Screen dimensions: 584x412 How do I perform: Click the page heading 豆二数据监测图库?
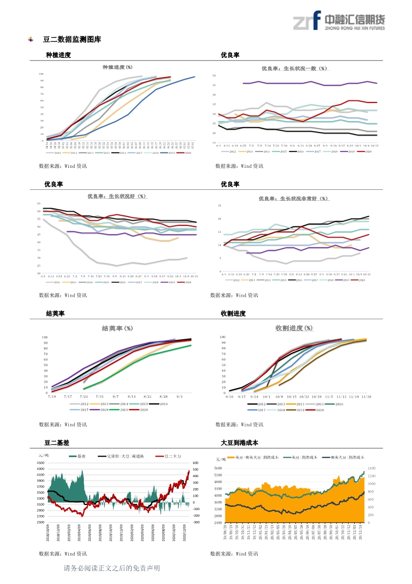pos(72,39)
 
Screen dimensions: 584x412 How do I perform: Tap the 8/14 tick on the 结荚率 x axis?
pos(132,396)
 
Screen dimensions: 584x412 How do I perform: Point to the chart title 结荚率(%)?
pos(117,328)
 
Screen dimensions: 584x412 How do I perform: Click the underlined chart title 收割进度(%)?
pos(294,328)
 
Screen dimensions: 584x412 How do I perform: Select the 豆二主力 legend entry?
pos(170,457)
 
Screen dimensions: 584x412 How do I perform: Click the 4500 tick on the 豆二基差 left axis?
pos(41,463)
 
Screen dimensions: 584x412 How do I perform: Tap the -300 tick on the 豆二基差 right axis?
pos(196,522)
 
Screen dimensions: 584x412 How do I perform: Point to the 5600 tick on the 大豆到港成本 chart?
pos(218,468)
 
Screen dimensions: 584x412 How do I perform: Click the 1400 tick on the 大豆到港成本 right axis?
pos(372,468)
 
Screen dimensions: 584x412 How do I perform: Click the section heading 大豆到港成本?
pos(239,443)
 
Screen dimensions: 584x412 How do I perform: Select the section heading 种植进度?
pos(58,55)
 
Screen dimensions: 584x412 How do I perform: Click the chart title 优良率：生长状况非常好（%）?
pos(294,198)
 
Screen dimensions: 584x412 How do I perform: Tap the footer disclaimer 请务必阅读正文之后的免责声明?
pos(112,568)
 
